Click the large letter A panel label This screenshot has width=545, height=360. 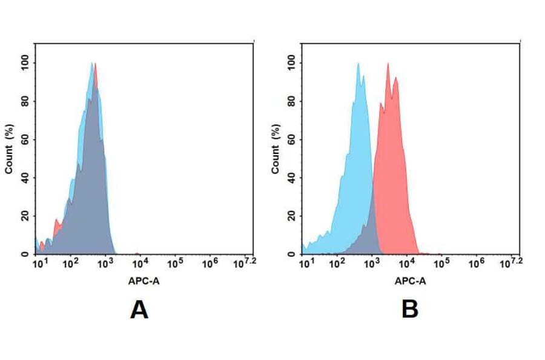pos(139,310)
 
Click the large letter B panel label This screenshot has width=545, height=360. pos(410,310)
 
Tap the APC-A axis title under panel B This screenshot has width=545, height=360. pos(411,281)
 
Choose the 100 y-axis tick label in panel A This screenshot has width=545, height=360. pos(25,63)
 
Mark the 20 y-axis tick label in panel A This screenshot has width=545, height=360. pos(25,216)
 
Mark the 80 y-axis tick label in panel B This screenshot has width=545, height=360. pos(291,101)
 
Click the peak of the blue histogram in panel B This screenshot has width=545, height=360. pos(358,64)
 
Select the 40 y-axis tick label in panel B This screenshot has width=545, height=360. pos(291,178)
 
